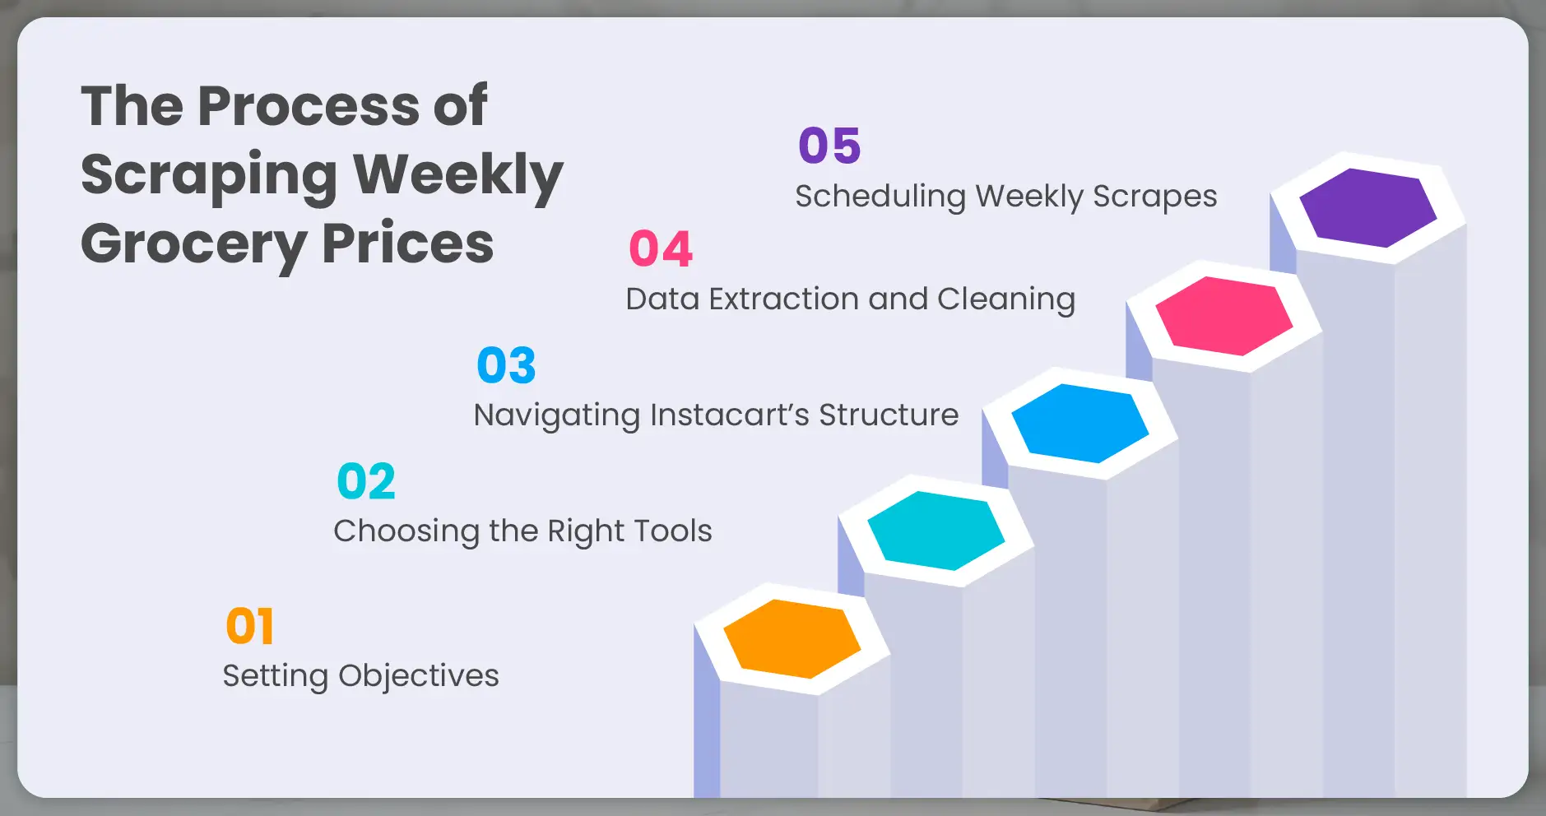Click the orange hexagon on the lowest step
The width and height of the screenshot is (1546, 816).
[x=792, y=638]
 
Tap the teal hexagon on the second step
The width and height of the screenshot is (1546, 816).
[x=935, y=531]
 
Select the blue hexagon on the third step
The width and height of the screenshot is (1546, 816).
[x=1079, y=423]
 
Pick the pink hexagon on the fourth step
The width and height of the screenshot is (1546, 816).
[x=1223, y=316]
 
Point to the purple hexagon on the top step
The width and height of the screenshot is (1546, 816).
[x=1367, y=207]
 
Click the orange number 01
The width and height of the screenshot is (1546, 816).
[x=249, y=627]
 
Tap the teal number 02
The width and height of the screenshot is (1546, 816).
[x=366, y=481]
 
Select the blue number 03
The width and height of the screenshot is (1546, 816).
[x=506, y=365]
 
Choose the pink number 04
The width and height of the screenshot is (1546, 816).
[x=661, y=248]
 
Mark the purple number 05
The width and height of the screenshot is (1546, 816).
[x=829, y=146]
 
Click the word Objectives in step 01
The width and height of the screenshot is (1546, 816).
[x=418, y=676]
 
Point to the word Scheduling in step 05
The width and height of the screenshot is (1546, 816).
[x=880, y=197]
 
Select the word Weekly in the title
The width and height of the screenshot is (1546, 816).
[x=457, y=175]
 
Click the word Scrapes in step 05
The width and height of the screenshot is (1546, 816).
[x=1154, y=197]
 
